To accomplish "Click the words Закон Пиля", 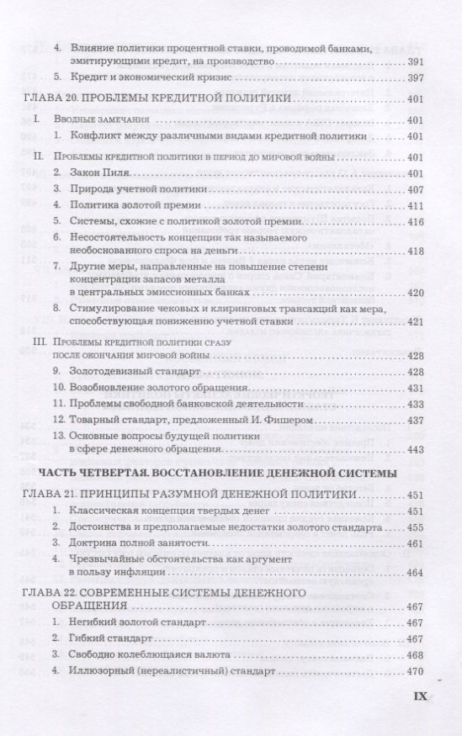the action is click(103, 173).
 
